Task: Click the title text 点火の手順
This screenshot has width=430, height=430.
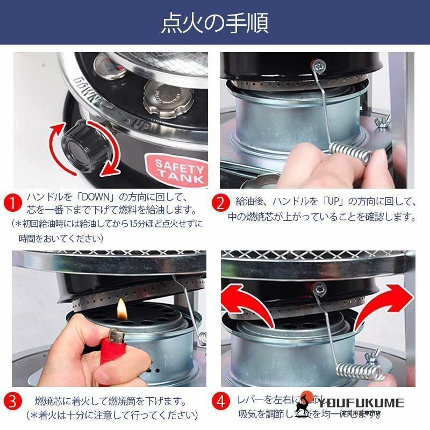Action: tap(215, 23)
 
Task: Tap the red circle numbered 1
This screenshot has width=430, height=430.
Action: tap(12, 204)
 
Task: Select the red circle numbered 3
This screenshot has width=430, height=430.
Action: tap(12, 402)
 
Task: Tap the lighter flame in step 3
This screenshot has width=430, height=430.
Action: tap(122, 309)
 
